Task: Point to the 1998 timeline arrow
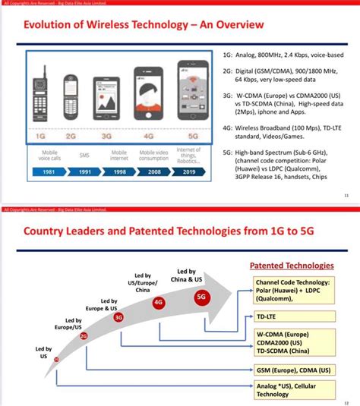(x=120, y=172)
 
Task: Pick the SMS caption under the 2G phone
(x=84, y=155)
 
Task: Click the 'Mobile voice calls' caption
(x=49, y=155)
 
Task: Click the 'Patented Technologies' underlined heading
(x=292, y=266)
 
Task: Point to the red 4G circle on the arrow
(x=158, y=301)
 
